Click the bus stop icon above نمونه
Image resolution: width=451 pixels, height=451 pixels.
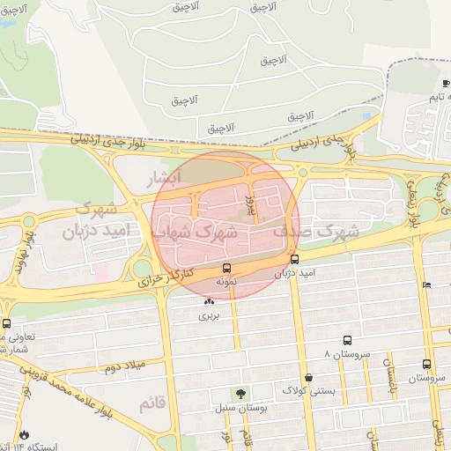[x=227, y=267]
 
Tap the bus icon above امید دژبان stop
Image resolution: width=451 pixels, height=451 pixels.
[x=294, y=260]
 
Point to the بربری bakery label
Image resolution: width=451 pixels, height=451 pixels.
[x=208, y=314]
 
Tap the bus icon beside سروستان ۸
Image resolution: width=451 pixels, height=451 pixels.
[x=347, y=340]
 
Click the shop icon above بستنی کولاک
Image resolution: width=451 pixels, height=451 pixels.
[x=307, y=376]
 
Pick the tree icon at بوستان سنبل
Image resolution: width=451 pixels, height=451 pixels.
[x=240, y=395]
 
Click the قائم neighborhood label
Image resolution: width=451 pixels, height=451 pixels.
[x=152, y=403]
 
